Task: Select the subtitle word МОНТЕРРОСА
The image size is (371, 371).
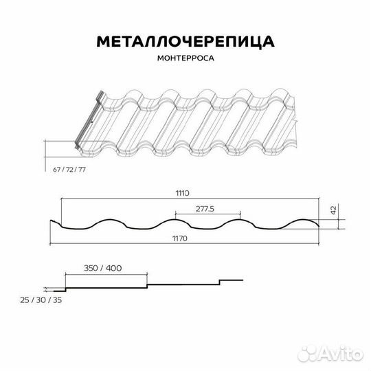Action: click(x=185, y=59)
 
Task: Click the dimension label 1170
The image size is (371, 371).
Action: click(x=181, y=238)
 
